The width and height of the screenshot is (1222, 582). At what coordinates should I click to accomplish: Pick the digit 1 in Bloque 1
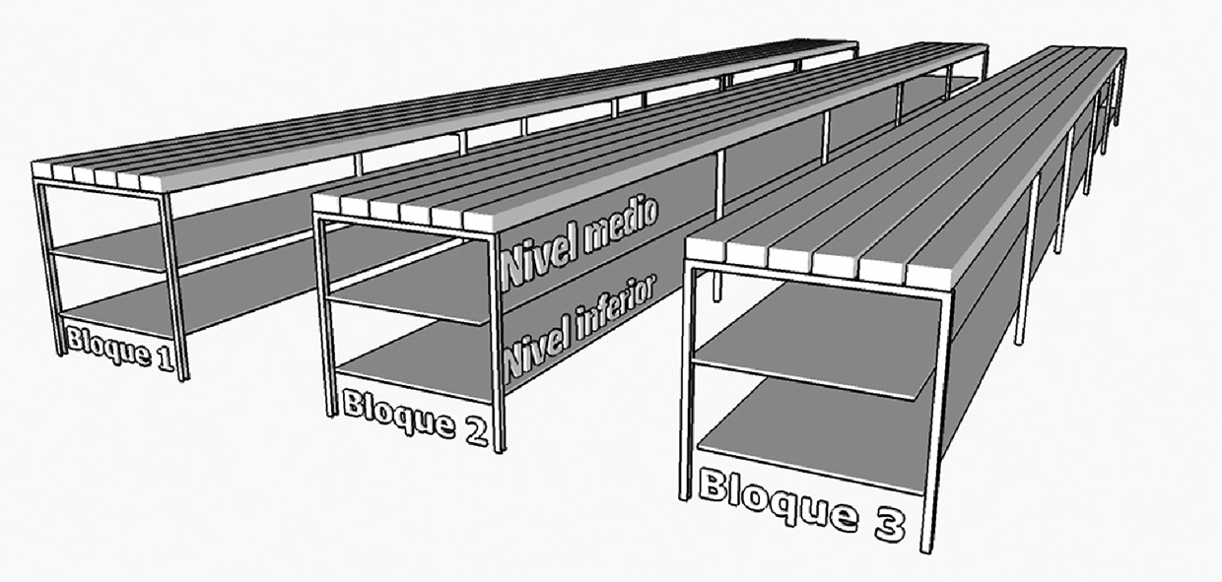pos(166,359)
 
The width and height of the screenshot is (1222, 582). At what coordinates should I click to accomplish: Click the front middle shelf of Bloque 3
pos(818,335)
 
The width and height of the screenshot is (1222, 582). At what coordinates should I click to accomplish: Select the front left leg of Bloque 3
pos(688,384)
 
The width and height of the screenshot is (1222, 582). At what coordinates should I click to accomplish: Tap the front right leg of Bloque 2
pos(497,345)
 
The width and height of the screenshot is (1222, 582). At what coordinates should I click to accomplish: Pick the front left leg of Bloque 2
pos(323,315)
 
